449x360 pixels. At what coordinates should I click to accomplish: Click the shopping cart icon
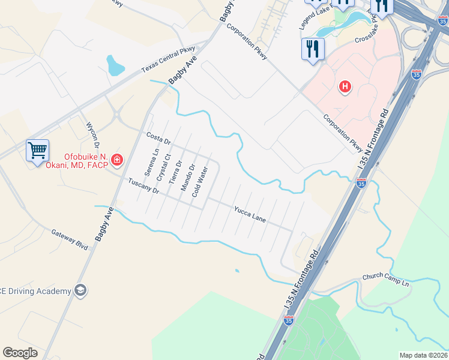tap(37, 150)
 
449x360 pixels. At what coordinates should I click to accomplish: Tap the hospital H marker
tap(345, 87)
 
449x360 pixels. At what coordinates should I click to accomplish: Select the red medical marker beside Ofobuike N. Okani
tap(116, 160)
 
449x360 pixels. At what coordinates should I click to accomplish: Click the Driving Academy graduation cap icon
tap(80, 291)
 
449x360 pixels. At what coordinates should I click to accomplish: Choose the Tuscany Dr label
tap(143, 187)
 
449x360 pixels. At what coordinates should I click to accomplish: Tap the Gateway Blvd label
tap(70, 239)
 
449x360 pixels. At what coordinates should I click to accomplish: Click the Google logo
tap(20, 353)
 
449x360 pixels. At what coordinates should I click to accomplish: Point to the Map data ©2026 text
tap(424, 355)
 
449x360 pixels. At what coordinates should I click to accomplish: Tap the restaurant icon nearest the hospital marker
tap(312, 49)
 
